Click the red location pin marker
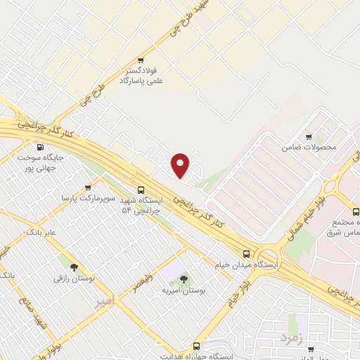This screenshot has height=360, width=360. pyautogui.click(x=181, y=165)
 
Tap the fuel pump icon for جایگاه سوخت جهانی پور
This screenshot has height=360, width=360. pyautogui.click(x=39, y=148)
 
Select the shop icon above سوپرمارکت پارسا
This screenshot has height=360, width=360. pyautogui.click(x=88, y=188)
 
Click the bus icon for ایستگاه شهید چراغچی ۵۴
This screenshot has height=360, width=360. pyautogui.click(x=141, y=190)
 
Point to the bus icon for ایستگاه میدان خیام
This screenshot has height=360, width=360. pyautogui.click(x=246, y=254)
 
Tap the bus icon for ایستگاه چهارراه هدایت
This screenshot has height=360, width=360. pyautogui.click(x=196, y=346)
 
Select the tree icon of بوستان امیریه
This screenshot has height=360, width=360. pyautogui.click(x=184, y=279)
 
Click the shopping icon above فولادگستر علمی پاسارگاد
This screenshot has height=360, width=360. pyautogui.click(x=141, y=60)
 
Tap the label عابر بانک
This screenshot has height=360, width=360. pyautogui.click(x=41, y=231)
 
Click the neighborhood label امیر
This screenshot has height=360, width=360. pyautogui.click(x=103, y=301)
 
